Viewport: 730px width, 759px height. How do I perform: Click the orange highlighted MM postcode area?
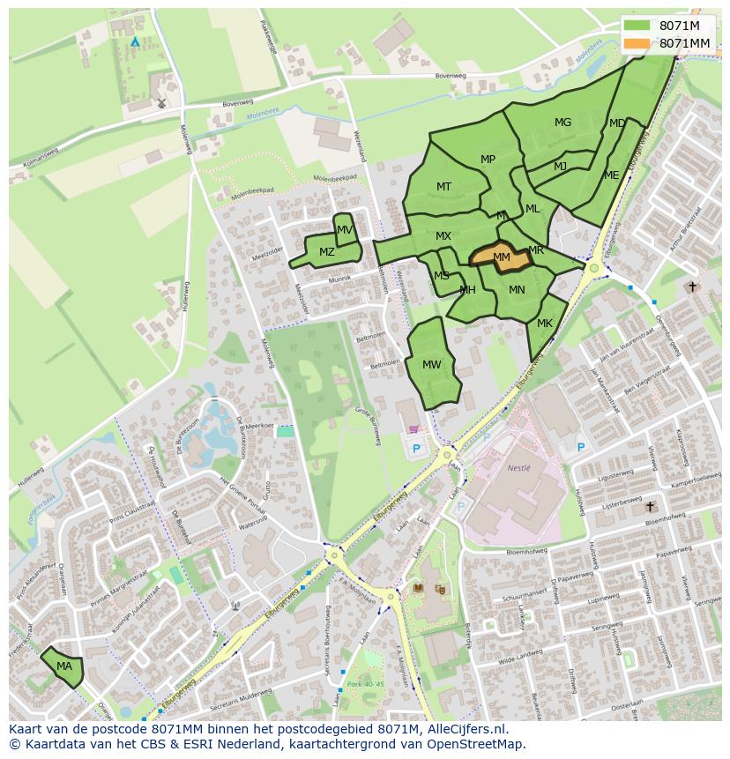500,257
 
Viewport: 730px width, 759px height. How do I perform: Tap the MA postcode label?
64,666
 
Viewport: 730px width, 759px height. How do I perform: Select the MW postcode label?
432,365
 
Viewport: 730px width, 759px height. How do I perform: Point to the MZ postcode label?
327,252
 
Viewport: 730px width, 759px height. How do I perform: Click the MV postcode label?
345,230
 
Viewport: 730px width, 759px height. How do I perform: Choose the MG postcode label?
562,123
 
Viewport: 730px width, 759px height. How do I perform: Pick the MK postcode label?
545,324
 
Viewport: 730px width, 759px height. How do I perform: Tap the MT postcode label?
443,187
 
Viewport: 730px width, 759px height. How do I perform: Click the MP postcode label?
488,160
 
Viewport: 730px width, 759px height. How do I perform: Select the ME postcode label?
612,175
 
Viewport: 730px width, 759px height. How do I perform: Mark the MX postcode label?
443,236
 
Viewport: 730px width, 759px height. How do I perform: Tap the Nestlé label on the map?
519,468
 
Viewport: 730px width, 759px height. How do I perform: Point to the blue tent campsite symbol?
135,41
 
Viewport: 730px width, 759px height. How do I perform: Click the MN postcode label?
517,290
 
